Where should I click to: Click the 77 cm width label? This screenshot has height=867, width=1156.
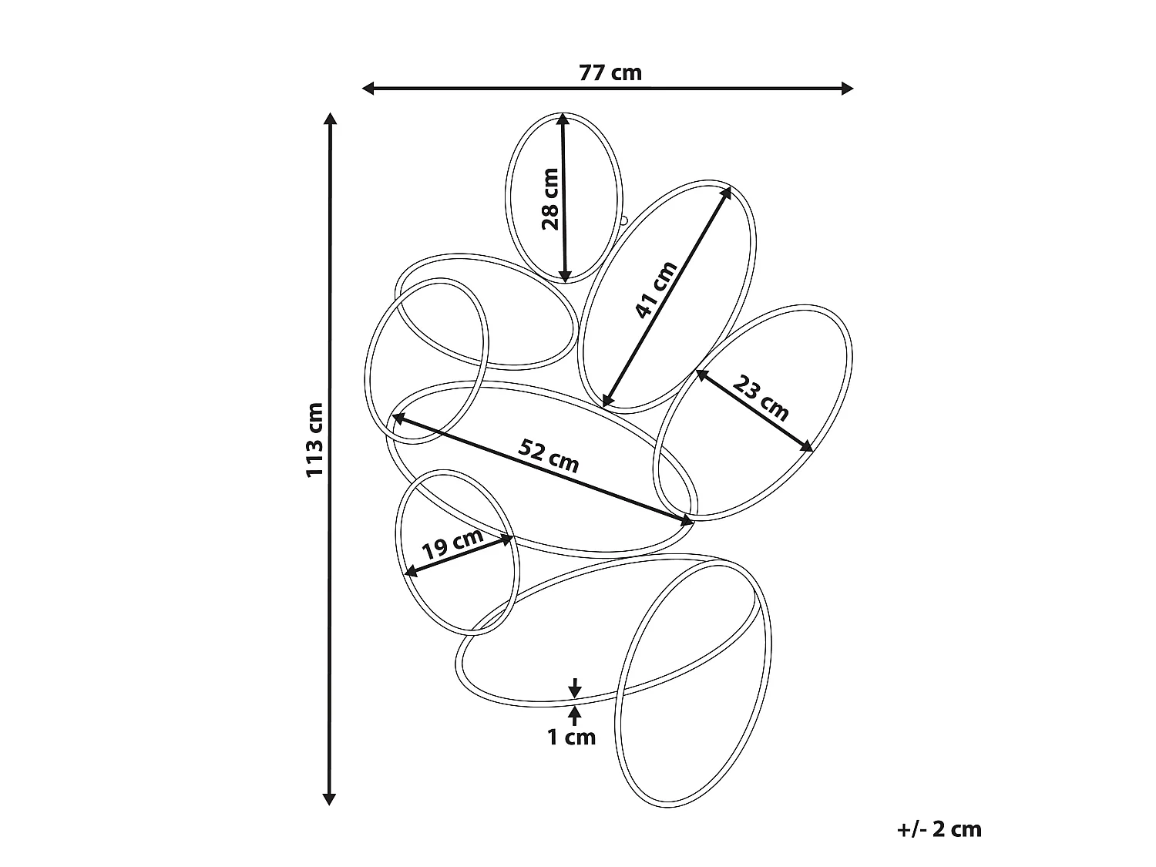610,72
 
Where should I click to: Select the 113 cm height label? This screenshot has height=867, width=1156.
314,440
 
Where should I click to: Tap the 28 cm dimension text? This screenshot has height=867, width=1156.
549,199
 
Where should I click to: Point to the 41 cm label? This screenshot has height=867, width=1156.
656,290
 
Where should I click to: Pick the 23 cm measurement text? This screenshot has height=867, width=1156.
761,398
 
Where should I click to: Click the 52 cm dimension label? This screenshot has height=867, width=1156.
549,456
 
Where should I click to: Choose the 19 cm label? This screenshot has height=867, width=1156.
453,544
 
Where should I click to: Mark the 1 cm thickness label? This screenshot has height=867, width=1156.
571,738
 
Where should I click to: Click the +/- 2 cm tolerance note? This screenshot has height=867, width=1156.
939,829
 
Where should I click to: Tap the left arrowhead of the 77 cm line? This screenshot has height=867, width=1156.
368,89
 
